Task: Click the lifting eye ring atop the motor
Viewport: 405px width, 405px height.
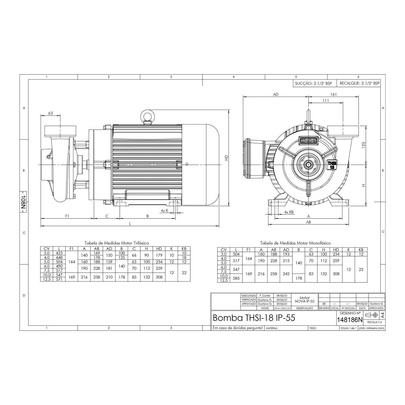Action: click(147, 116)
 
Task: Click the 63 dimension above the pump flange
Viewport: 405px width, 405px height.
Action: click(50, 113)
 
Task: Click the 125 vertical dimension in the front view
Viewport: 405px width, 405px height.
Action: click(363, 146)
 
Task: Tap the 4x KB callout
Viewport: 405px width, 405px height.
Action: click(289, 212)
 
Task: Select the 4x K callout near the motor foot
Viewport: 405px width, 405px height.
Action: click(164, 210)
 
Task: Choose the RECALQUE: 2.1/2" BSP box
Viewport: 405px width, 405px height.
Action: click(359, 83)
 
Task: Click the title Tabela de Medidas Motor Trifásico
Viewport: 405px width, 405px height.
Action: click(117, 243)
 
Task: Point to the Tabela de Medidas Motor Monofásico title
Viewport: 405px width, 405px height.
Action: click(295, 243)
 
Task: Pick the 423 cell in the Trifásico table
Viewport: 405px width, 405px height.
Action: click(59, 253)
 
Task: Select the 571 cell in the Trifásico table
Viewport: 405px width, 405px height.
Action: click(59, 279)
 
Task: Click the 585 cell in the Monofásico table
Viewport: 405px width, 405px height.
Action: click(236, 278)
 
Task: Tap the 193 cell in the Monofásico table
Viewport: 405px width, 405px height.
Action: click(286, 254)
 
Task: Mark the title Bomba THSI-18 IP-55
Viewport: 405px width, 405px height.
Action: click(254, 318)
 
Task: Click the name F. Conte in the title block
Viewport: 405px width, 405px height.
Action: click(265, 296)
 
